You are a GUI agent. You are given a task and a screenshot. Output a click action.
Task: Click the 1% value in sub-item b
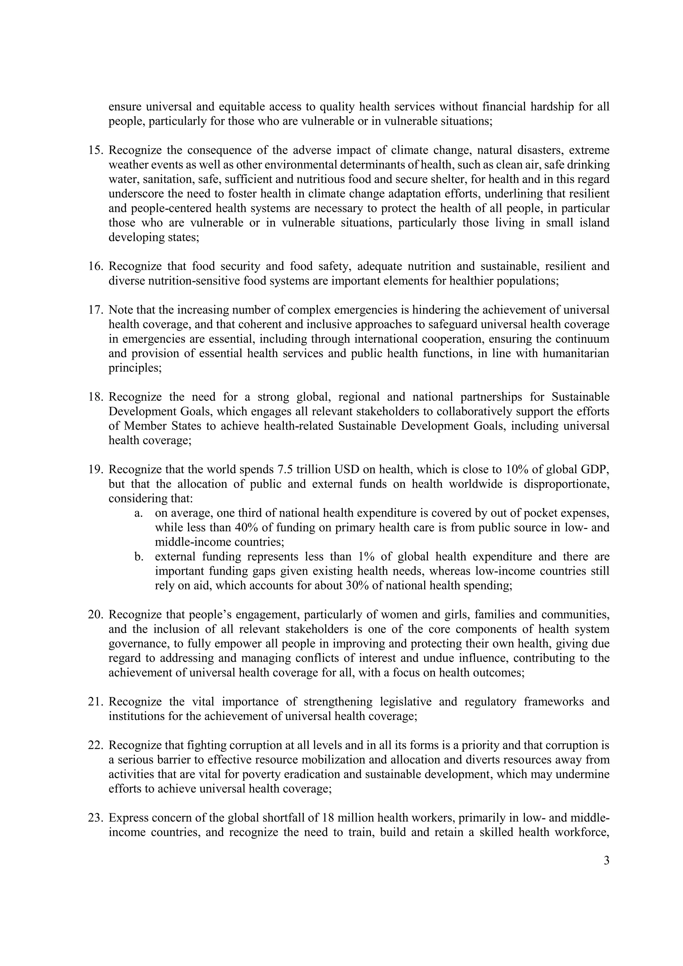[x=366, y=557]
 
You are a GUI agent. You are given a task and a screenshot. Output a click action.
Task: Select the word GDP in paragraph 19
[x=595, y=470]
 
